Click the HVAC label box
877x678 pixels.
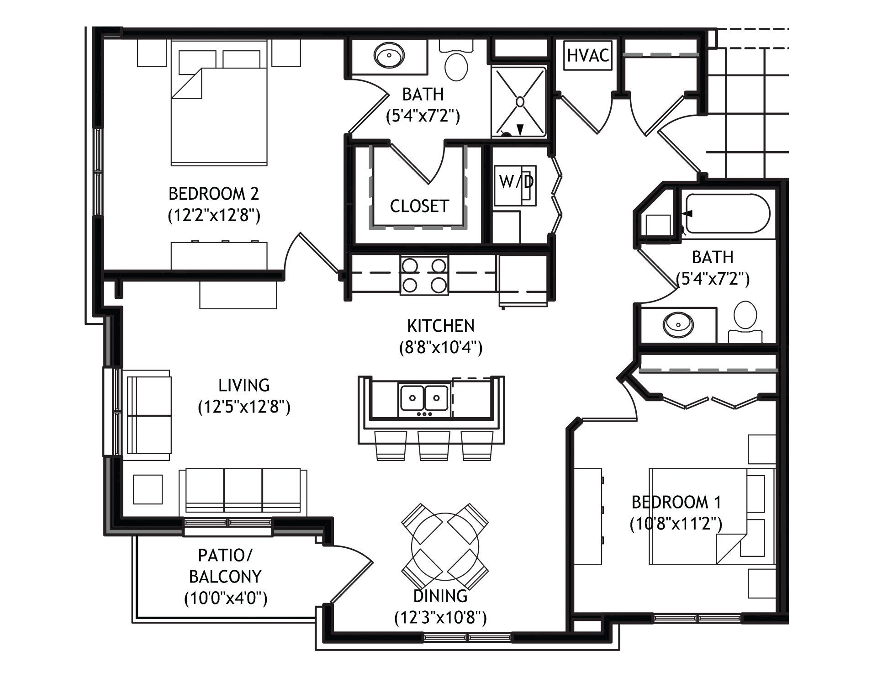point(588,56)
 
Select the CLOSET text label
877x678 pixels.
point(419,206)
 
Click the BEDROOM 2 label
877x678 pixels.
point(214,194)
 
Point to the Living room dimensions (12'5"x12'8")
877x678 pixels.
point(244,407)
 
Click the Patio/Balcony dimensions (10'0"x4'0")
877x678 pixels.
point(226,598)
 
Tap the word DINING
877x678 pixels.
point(440,596)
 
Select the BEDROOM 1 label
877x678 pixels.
point(676,502)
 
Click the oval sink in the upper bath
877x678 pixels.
point(389,56)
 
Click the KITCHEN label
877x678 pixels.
point(441,326)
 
